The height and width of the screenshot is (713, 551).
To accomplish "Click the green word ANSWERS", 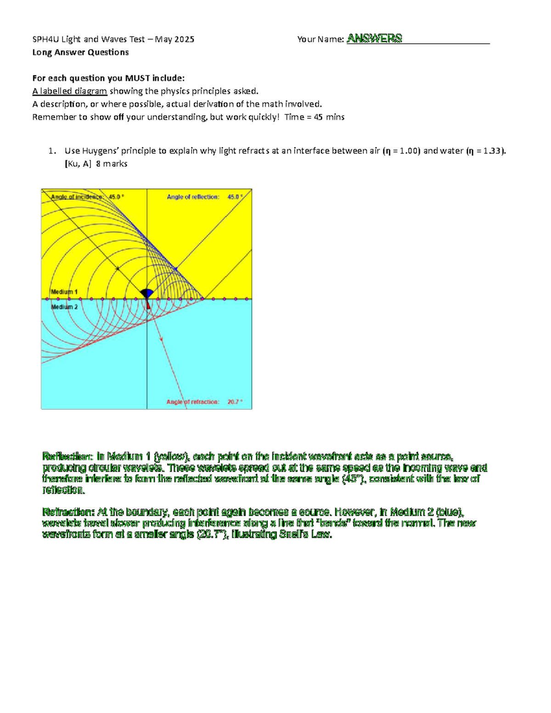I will coord(374,39).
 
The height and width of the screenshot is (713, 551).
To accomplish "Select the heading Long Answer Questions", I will coord(80,52).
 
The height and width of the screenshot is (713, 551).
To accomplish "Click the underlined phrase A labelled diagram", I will coord(70,91).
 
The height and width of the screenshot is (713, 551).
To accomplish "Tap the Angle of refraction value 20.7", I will coord(234,402).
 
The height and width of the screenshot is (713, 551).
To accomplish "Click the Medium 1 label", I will coord(64,292).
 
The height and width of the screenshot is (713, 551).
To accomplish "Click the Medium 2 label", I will coord(64,307).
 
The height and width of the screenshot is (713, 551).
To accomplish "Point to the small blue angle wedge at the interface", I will coord(148,293).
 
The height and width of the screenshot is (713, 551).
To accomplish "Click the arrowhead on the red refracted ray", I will coord(162,338).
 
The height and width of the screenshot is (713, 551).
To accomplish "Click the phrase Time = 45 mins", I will coord(315,117).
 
